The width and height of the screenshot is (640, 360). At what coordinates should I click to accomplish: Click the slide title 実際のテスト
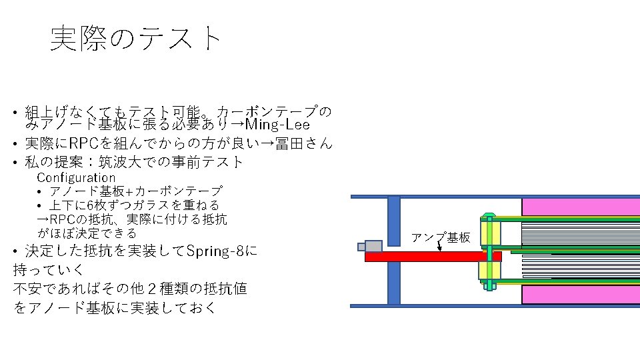[x=135, y=39]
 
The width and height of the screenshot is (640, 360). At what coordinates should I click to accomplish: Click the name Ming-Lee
[x=277, y=125]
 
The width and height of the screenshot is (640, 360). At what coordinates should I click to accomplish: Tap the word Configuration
[x=76, y=177]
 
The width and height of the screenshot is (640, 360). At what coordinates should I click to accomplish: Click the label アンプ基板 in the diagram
[x=440, y=238]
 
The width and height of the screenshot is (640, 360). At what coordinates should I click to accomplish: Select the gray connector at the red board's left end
[x=372, y=246]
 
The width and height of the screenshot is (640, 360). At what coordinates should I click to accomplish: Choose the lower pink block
[x=580, y=293]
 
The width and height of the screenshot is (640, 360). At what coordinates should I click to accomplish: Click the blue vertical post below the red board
[x=393, y=283]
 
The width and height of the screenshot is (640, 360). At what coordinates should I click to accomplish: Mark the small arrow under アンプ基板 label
[x=439, y=248]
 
